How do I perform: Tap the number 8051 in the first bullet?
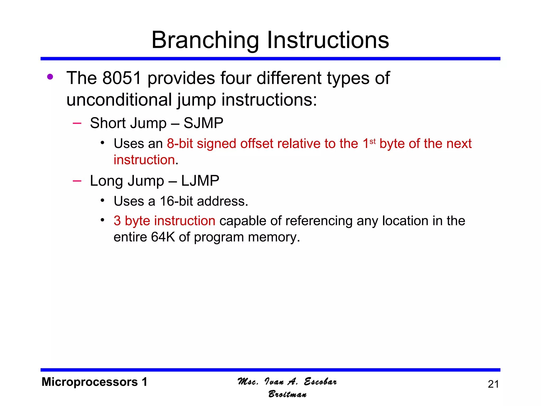122,78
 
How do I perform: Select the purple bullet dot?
50,77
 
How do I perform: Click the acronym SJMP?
203,123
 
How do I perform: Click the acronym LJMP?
200,181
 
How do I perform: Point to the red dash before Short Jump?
77,123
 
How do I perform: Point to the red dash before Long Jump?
77,181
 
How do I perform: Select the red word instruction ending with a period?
144,160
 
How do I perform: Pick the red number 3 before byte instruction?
117,221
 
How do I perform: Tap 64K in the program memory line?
163,237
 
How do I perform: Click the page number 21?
493,384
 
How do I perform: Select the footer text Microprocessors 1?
94,382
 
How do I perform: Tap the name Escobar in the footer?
320,381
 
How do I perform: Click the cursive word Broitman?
287,394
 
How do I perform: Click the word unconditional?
119,100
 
